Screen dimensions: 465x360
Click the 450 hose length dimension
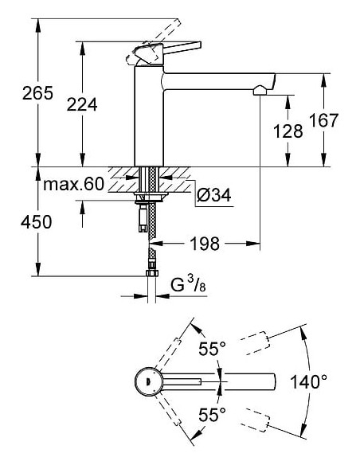pyautogui.click(x=17, y=222)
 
